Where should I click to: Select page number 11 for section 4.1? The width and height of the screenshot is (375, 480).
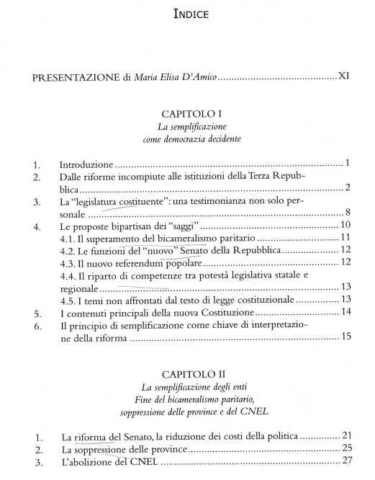[x=345, y=237]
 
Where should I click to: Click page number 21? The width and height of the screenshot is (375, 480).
[x=346, y=437]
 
